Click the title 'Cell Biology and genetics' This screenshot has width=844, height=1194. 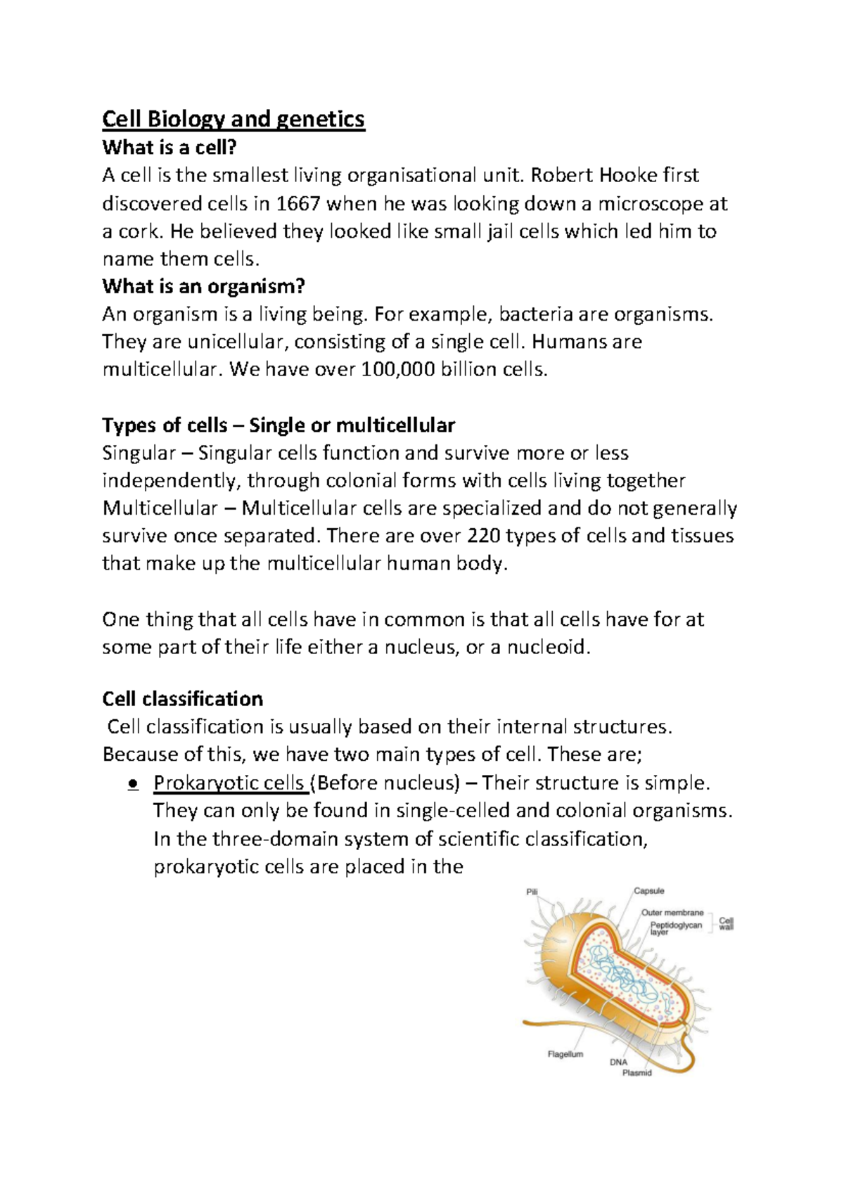(x=234, y=119)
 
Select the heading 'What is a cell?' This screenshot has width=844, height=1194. (x=170, y=148)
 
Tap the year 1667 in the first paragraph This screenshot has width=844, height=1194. (x=298, y=204)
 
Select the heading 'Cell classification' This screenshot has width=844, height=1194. (x=183, y=699)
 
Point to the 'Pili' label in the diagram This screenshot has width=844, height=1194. (x=532, y=892)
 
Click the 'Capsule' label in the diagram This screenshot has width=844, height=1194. (x=649, y=891)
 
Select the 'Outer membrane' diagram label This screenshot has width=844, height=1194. (x=672, y=913)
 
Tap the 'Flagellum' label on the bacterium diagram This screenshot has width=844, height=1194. (x=565, y=1054)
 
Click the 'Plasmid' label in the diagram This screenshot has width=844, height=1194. (x=637, y=1073)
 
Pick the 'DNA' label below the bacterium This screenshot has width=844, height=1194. (x=618, y=1063)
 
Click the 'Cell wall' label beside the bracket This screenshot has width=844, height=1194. (x=727, y=923)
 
